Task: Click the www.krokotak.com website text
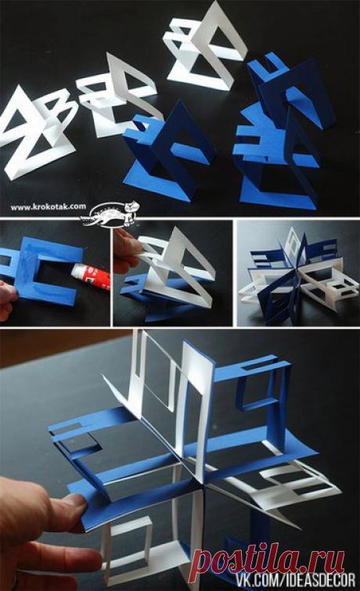click(x=49, y=207)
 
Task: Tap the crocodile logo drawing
click(x=110, y=214)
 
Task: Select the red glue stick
click(x=91, y=276)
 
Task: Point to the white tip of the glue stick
click(x=76, y=271)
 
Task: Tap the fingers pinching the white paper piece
click(x=127, y=250)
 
